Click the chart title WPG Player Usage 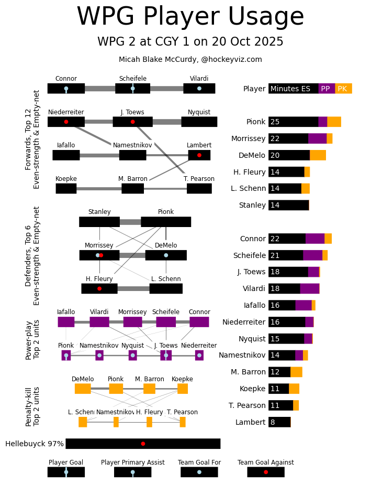pyautogui.click(x=190, y=17)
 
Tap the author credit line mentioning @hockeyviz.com pyautogui.click(x=190, y=60)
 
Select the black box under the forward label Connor pyautogui.click(x=66, y=89)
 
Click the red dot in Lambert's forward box pyautogui.click(x=199, y=155)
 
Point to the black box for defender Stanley pyautogui.click(x=99, y=222)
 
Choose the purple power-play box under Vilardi pyautogui.click(x=99, y=322)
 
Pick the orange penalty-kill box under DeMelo pyautogui.click(x=83, y=389)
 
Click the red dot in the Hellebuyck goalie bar pyautogui.click(x=143, y=444)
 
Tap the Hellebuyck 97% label pyautogui.click(x=35, y=444)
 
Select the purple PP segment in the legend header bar pyautogui.click(x=327, y=89)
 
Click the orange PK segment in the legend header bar pyautogui.click(x=343, y=89)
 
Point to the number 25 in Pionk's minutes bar pyautogui.click(x=275, y=122)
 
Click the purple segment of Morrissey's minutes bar pyautogui.click(x=317, y=138)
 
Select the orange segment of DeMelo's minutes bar pyautogui.click(x=318, y=155)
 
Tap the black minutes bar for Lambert pyautogui.click(x=279, y=422)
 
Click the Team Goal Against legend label pyautogui.click(x=265, y=463)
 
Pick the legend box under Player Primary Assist pyautogui.click(x=132, y=472)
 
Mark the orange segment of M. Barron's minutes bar pyautogui.click(x=296, y=372)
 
